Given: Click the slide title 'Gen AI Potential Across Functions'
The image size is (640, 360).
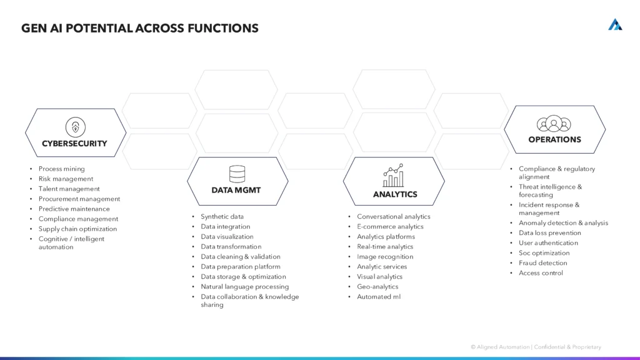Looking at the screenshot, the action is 139,28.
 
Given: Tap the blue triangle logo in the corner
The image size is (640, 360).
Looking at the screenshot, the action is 615,24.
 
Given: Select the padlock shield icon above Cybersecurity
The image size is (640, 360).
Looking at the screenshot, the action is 76,127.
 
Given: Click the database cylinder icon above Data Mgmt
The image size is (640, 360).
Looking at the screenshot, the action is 237,174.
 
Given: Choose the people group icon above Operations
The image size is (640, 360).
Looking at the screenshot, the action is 554,123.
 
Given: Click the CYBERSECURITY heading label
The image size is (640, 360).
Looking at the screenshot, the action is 74,144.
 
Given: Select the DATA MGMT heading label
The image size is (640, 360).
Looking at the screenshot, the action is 236,191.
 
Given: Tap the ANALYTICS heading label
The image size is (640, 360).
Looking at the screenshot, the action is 395,194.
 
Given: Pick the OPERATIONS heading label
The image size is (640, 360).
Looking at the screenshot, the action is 554,140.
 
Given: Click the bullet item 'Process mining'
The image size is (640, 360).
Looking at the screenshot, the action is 61,169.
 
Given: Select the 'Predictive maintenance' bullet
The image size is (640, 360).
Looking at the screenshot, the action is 74,209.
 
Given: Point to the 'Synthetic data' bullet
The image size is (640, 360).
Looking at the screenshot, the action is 222,217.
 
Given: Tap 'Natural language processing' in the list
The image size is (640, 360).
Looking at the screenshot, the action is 244,287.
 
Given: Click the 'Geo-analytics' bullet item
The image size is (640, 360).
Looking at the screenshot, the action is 377,287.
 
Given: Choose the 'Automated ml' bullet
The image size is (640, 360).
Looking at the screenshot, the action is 379,297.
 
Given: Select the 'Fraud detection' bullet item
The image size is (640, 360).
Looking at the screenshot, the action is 542,263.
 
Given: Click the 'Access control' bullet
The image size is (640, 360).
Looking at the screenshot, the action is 541,273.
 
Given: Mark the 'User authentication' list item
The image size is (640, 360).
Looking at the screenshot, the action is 548,243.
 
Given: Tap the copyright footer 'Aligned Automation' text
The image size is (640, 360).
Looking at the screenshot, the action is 536,347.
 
